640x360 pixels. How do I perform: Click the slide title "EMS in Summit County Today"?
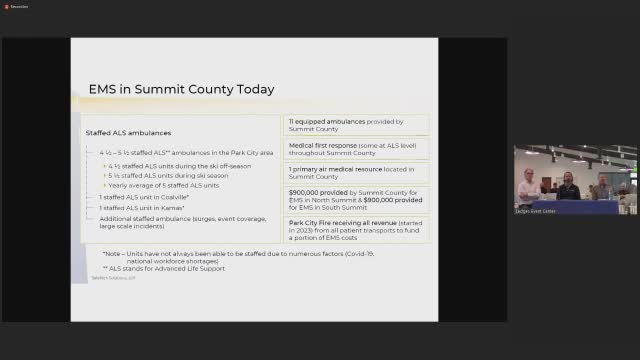(181, 89)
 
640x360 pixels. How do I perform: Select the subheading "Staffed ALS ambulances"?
(128, 133)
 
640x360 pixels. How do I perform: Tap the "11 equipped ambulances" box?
(345, 125)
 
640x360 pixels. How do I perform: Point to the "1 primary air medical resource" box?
(345, 171)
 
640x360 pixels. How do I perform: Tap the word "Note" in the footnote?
(114, 254)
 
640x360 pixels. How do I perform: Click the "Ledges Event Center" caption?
(538, 211)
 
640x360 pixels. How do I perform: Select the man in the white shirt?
(527, 189)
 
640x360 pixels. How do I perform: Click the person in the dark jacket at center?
(568, 188)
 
